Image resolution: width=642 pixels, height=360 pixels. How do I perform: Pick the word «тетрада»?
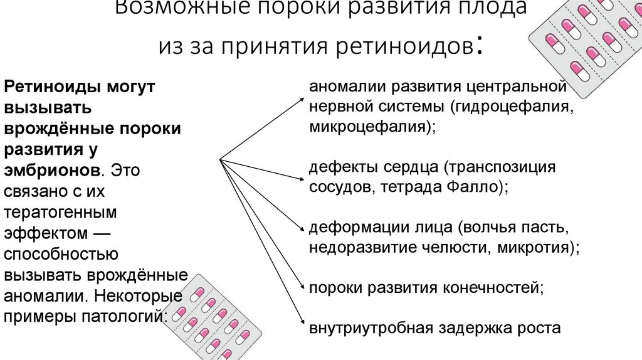[x=410, y=188]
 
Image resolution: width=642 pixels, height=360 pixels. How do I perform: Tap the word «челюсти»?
[x=456, y=247]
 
